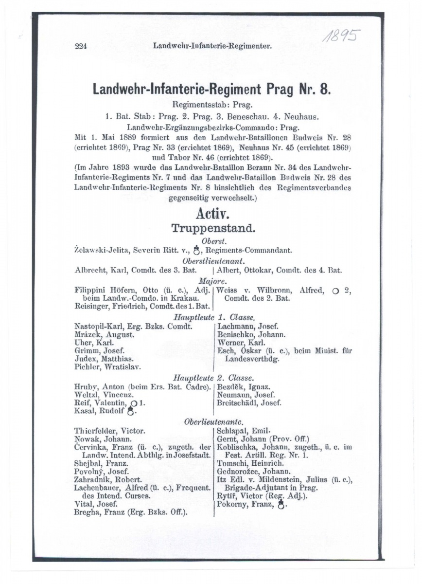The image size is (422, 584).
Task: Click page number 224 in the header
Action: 81,47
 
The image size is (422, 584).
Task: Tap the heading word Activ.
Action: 211,214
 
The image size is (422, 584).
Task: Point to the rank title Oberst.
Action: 211,241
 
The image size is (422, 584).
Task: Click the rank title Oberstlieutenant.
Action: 211,260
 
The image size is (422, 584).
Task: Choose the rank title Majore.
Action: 211,281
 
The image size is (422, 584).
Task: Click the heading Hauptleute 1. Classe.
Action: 211,317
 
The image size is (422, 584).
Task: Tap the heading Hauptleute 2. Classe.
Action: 211,378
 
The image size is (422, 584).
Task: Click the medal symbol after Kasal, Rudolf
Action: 130,412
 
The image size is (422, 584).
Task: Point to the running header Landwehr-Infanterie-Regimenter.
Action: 211,47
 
